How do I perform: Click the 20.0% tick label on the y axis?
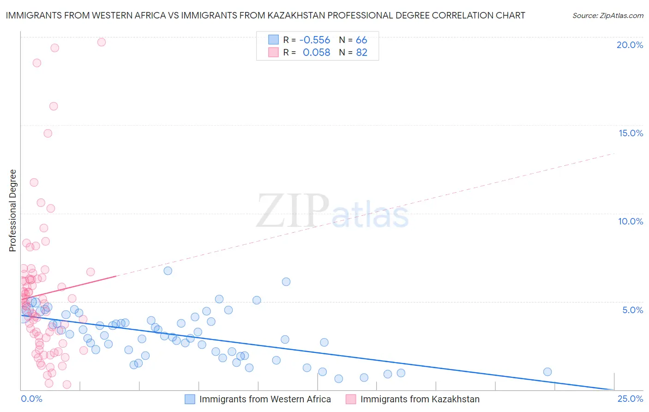coord(630,45)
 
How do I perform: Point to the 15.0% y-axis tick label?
coord(631,133)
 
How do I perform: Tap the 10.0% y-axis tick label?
coord(631,221)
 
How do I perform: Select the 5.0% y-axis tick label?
coord(632,310)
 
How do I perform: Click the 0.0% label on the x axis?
coord(31,399)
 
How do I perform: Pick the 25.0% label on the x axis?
coord(630,399)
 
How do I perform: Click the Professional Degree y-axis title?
coord(12,211)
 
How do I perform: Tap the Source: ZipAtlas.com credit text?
coord(607,16)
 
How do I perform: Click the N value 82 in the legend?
coord(361,53)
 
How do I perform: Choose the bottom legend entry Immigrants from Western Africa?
coord(264,399)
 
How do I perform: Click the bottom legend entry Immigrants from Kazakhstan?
coord(420,399)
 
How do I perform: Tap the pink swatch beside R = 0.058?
coord(273,53)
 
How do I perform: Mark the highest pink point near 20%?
coord(102,42)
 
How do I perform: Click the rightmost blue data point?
coord(547,372)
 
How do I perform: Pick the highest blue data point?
coord(168,271)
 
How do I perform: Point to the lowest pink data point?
coord(67,384)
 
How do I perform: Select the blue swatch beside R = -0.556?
coord(273,40)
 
